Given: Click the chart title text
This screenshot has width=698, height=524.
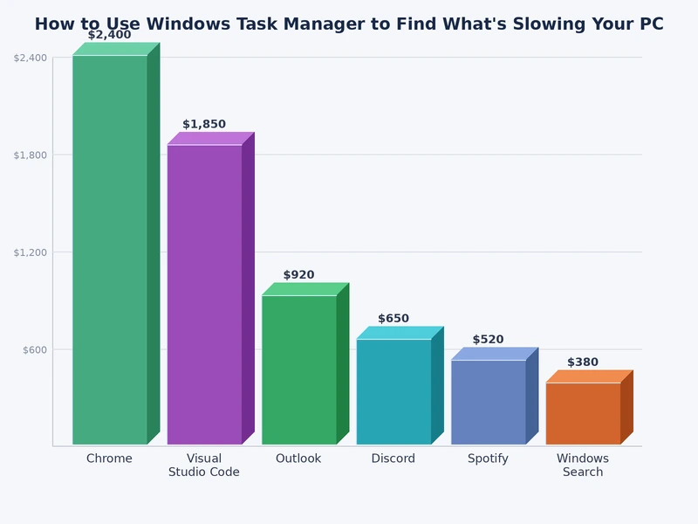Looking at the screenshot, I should [349, 24].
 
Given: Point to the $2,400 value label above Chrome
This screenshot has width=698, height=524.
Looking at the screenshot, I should [110, 35].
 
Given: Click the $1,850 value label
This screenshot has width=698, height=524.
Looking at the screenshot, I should [204, 125].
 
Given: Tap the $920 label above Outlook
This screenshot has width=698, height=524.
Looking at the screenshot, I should [299, 275].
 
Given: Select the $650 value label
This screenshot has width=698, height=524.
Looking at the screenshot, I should [393, 319].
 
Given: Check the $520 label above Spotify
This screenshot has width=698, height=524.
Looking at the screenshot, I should [489, 340].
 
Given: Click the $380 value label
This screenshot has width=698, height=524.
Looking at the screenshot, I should [583, 362].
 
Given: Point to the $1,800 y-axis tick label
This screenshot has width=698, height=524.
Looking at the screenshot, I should [31, 155].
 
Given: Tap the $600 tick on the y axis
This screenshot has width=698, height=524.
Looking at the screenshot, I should [35, 349].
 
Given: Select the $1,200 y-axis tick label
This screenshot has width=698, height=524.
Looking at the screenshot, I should [31, 252].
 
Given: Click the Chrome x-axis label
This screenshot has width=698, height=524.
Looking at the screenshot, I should [110, 458].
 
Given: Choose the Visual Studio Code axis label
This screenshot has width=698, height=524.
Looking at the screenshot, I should [204, 465].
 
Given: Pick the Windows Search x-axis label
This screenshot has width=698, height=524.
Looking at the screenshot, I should [583, 465].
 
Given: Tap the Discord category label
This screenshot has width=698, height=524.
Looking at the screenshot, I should [393, 458].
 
